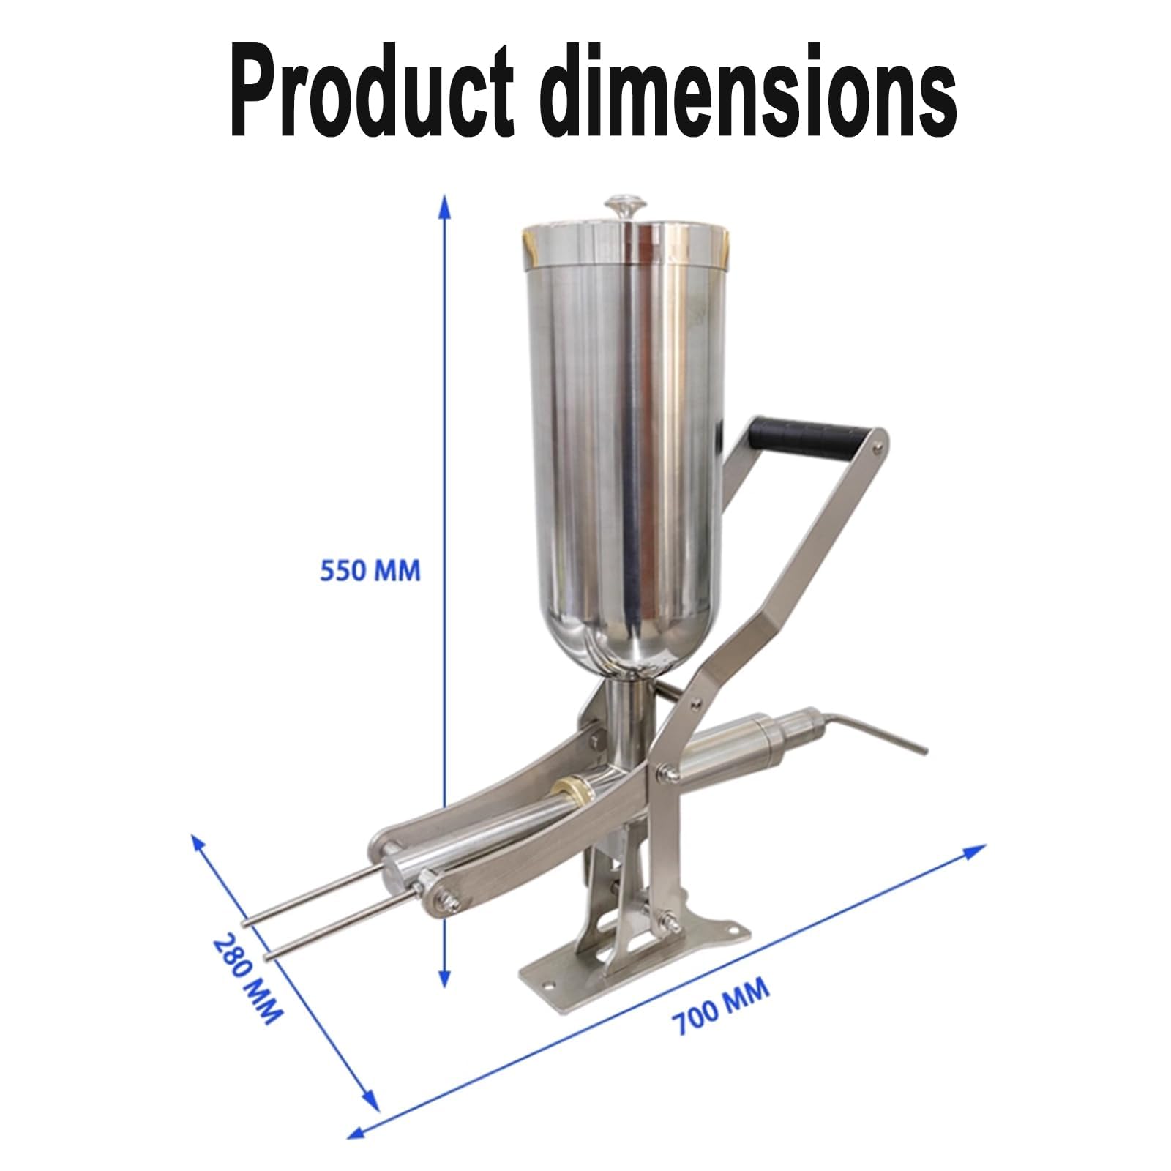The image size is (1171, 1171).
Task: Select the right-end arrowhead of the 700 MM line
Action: point(976,850)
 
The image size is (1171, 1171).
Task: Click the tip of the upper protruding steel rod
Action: point(249,923)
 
